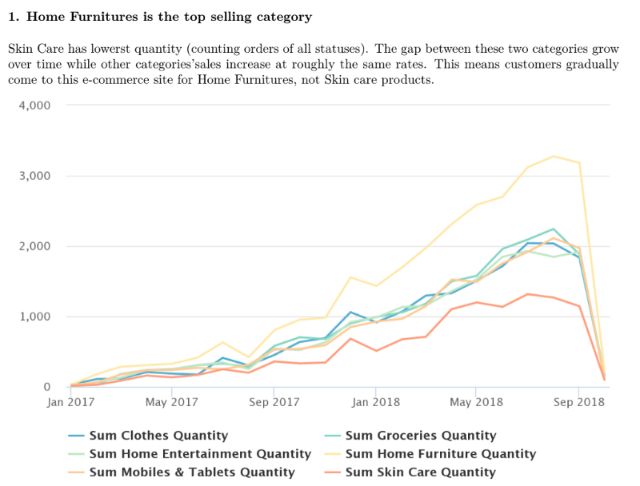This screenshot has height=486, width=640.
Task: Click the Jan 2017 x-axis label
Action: (x=70, y=402)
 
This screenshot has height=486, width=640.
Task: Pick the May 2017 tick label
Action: (x=173, y=402)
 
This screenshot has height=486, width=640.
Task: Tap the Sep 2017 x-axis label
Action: (x=274, y=402)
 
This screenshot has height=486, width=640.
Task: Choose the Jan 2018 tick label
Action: (x=375, y=402)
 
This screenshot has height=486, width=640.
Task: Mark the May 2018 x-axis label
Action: (x=476, y=402)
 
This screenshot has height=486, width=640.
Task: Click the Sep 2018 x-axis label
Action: (x=578, y=402)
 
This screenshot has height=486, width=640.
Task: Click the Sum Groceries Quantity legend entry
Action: (x=420, y=436)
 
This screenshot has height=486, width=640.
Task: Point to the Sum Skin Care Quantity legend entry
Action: (x=420, y=472)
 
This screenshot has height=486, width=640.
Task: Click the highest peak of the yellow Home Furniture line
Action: (x=553, y=156)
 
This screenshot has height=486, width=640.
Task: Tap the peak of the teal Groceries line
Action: (x=553, y=229)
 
